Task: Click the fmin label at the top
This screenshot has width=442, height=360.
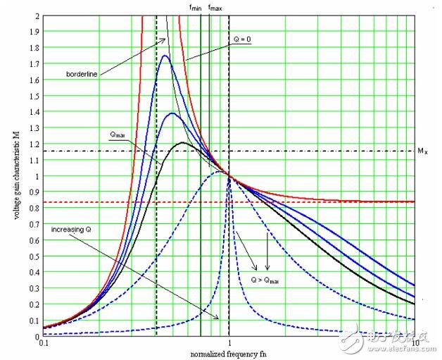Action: point(196,7)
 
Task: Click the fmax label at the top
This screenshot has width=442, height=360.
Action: point(215,7)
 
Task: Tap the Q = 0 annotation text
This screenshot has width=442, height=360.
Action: point(241,39)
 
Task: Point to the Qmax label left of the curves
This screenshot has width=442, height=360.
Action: point(118,133)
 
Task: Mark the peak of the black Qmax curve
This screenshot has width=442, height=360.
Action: point(183,143)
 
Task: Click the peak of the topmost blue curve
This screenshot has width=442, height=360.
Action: point(165,56)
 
